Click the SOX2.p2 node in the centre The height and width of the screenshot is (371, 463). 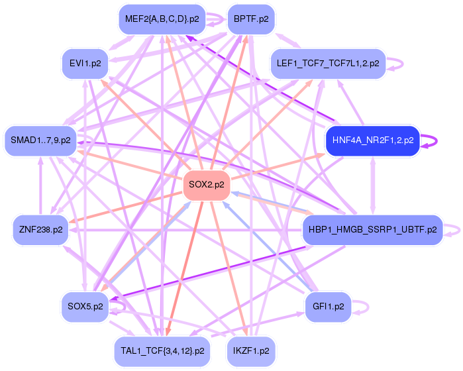pos(206,184)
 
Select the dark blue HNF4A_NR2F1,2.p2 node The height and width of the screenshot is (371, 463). pos(372,140)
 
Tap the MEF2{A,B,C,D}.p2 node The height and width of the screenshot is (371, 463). pos(160,19)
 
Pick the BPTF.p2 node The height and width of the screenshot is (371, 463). pos(251,19)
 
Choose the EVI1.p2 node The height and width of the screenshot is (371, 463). pos(85,64)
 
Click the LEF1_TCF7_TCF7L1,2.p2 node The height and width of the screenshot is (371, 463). pos(328,64)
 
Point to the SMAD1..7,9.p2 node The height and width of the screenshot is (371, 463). pos(40,140)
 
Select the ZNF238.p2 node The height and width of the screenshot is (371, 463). pos(41,229)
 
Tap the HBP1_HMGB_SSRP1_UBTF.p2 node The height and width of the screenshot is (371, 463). pos(372,230)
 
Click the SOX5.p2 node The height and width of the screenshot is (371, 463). pos(85,306)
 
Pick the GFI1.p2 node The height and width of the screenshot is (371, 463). pos(327,306)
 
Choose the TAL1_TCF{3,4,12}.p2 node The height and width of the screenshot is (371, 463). pos(162,349)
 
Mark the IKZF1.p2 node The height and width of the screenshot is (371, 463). pos(251,349)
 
